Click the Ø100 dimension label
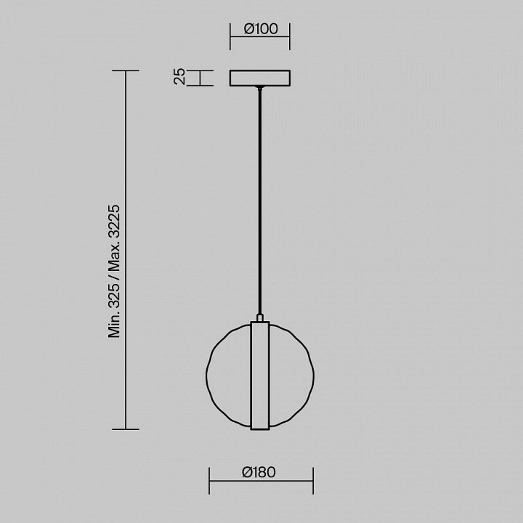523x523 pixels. pyautogui.click(x=261, y=28)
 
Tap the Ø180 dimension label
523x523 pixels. pyautogui.click(x=259, y=472)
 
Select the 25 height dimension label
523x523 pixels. pyautogui.click(x=180, y=76)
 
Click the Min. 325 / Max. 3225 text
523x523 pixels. pyautogui.click(x=114, y=271)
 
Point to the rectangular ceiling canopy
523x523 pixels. pyautogui.click(x=260, y=78)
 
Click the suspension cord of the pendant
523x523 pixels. pyautogui.click(x=260, y=200)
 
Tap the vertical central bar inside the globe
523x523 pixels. pyautogui.click(x=260, y=376)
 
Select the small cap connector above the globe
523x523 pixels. pyautogui.click(x=260, y=317)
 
